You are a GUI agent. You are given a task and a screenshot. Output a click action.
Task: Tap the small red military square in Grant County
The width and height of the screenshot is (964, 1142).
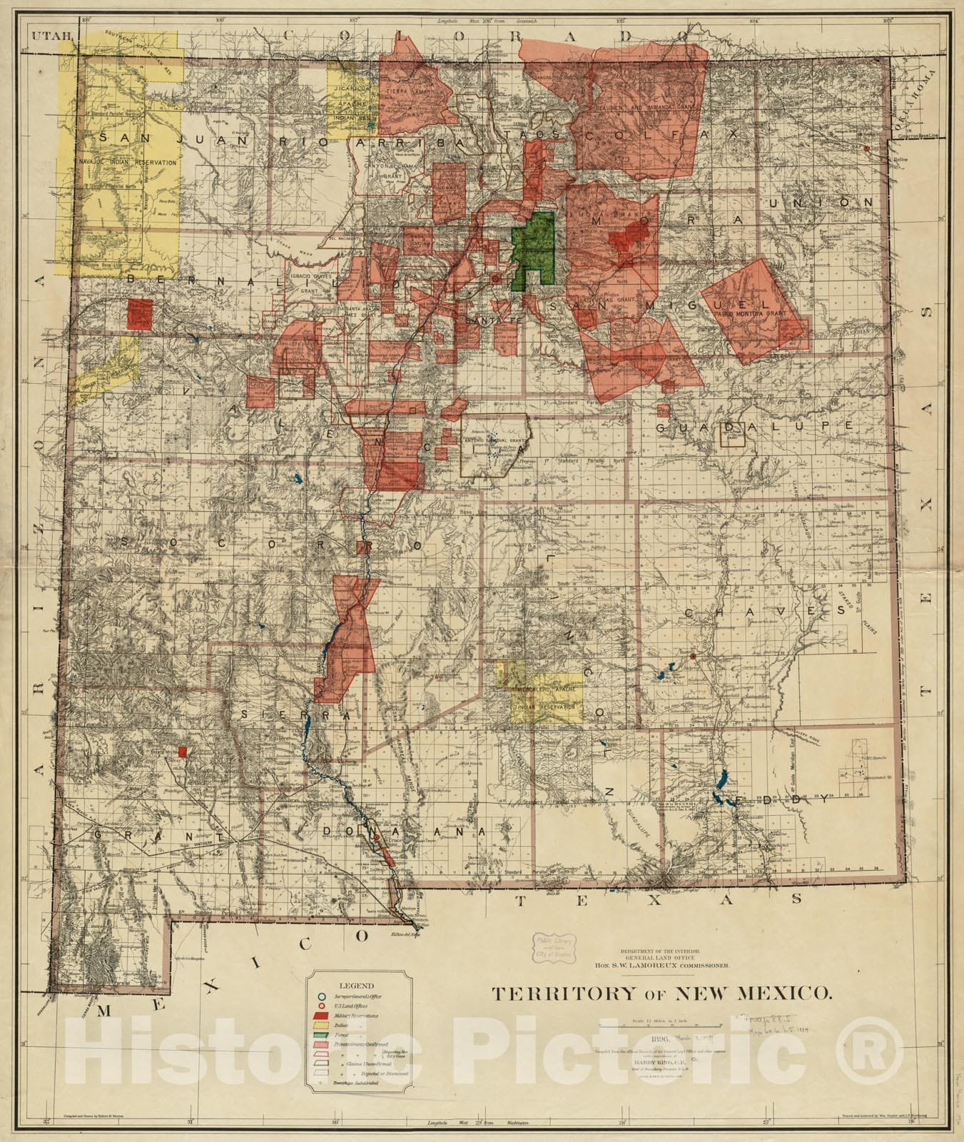[x=183, y=752]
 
